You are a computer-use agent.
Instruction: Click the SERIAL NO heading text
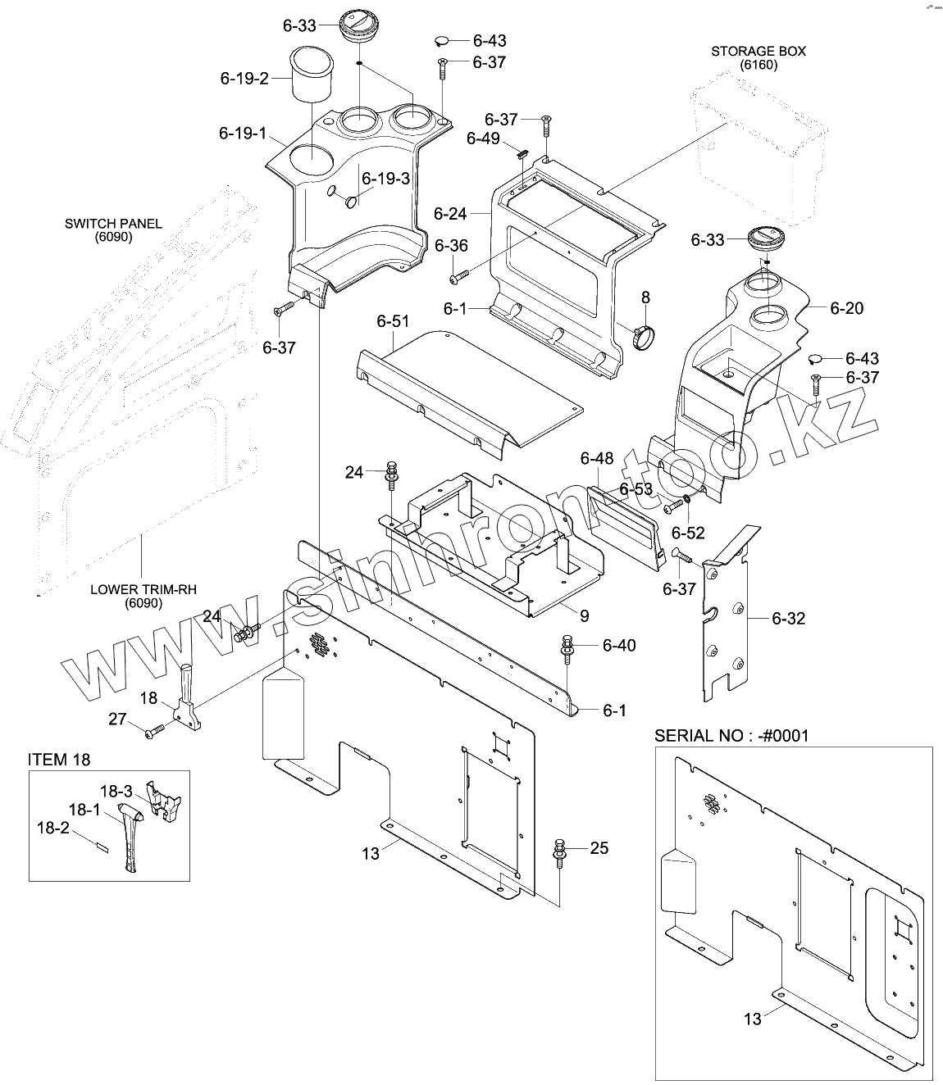click(x=731, y=735)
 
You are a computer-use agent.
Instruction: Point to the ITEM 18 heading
click(x=59, y=760)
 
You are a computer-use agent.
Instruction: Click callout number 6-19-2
click(x=244, y=79)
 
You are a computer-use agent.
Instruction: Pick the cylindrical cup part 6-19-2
click(x=313, y=75)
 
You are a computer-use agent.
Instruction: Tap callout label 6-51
click(x=393, y=322)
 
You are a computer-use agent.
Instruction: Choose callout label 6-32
click(x=788, y=618)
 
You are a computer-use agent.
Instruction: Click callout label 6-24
click(x=450, y=214)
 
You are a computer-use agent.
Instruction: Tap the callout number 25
click(x=599, y=847)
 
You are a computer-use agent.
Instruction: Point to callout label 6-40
click(x=618, y=646)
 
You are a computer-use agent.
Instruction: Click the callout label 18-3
click(x=116, y=792)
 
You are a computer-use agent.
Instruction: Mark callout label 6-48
click(x=597, y=458)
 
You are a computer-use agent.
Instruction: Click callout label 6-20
click(x=846, y=308)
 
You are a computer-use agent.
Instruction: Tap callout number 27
click(x=118, y=719)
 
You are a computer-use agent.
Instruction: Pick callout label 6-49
click(x=483, y=138)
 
